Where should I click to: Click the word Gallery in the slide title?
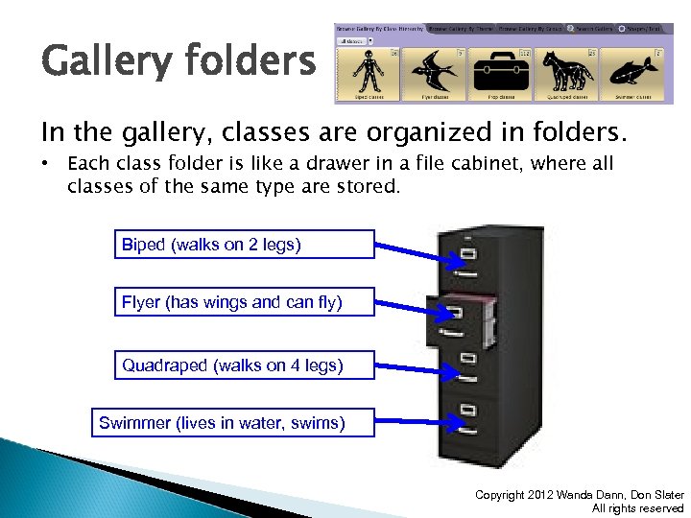click(100, 64)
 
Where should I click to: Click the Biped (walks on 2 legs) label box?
click(244, 245)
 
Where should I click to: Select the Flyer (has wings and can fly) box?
click(244, 303)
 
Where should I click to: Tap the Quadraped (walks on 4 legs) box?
click(244, 365)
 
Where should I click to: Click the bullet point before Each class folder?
click(46, 164)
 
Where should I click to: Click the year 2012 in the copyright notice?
click(545, 495)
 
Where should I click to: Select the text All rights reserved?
click(637, 508)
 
